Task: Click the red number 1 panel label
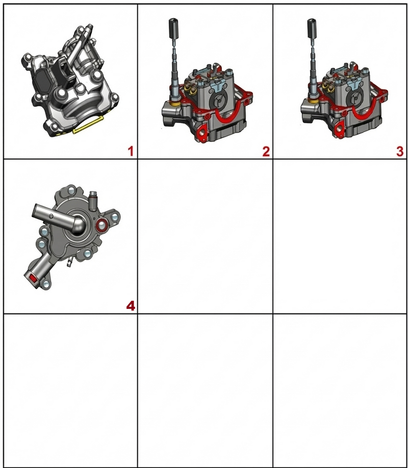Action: click(x=131, y=152)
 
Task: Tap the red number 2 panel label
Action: click(x=266, y=152)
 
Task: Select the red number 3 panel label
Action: click(x=400, y=152)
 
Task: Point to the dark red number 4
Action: click(x=131, y=306)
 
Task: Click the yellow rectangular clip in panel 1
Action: click(x=88, y=125)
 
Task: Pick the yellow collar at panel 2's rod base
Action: click(x=174, y=103)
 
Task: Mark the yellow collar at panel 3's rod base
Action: click(x=313, y=101)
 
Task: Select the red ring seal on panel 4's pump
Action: click(x=102, y=226)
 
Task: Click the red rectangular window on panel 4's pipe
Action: click(x=33, y=279)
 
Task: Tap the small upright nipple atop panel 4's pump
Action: click(x=93, y=198)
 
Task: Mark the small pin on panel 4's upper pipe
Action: click(x=52, y=216)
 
